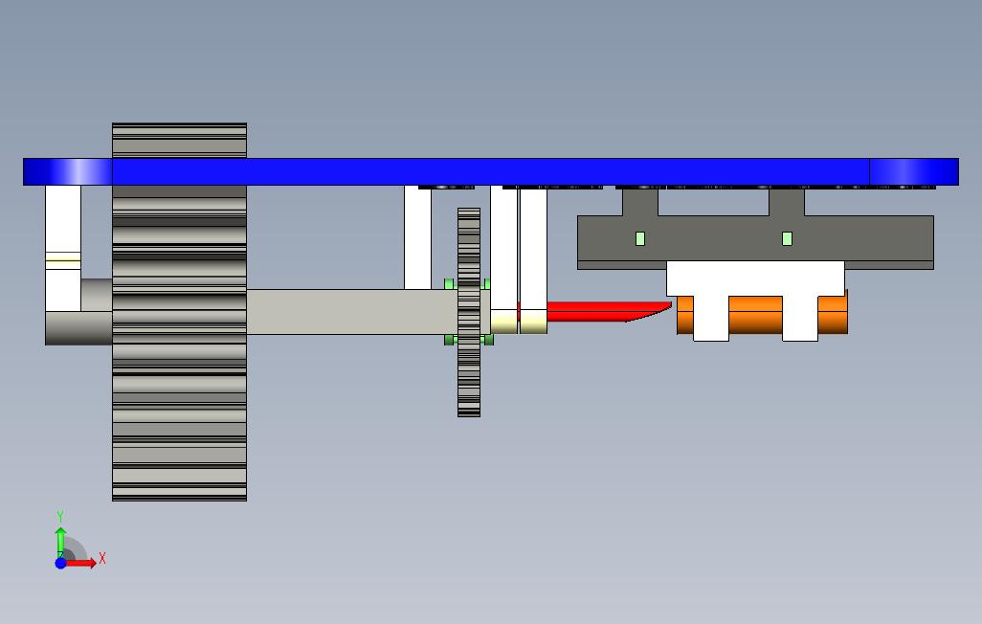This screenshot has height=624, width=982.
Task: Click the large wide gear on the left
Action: click(x=179, y=383)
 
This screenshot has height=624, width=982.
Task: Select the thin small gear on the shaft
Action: click(x=468, y=373)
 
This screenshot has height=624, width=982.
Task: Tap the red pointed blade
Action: click(x=593, y=312)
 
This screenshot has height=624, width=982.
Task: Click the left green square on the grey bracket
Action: click(x=640, y=238)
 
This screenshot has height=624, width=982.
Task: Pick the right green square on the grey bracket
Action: click(x=787, y=238)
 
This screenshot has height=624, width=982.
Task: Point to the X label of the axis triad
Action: click(x=102, y=558)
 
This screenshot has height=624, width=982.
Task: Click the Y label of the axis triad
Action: click(x=60, y=517)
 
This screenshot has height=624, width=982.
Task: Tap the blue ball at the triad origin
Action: click(x=60, y=563)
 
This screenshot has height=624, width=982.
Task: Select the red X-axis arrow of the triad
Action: click(x=82, y=563)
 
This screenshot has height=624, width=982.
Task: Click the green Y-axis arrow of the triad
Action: click(x=60, y=540)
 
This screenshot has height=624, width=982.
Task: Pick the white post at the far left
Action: click(x=63, y=230)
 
